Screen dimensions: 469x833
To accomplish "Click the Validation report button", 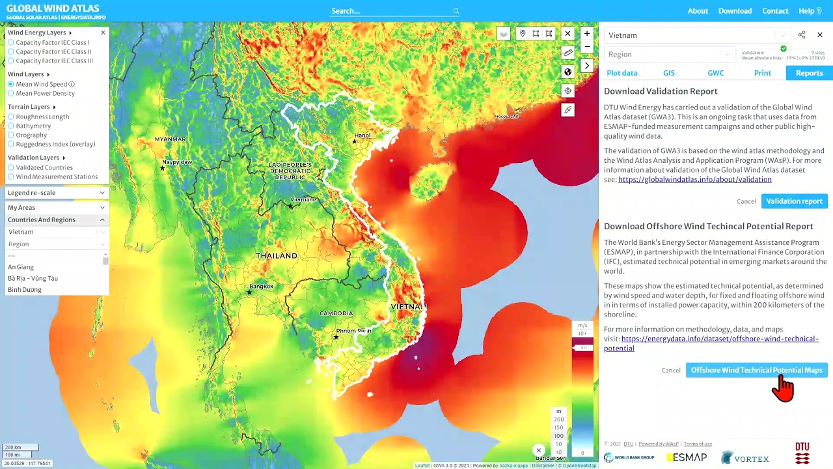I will click(x=794, y=201).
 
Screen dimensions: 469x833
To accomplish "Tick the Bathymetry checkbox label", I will click(x=33, y=126).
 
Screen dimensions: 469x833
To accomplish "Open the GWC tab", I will click(x=715, y=73).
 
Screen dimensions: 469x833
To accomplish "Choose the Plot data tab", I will click(x=621, y=73).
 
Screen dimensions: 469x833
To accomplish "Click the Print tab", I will click(x=762, y=73).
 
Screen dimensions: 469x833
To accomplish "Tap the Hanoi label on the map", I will click(x=362, y=135).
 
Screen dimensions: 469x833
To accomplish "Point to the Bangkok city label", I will click(x=261, y=287).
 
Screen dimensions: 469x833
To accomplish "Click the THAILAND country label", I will click(x=277, y=256).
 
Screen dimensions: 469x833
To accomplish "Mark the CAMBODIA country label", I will click(x=336, y=313).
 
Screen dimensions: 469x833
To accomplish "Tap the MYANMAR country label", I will click(x=170, y=139).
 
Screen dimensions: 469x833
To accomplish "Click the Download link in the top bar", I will click(x=735, y=11).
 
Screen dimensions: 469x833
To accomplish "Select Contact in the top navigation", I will click(x=775, y=11).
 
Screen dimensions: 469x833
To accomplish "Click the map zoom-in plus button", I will click(x=587, y=33).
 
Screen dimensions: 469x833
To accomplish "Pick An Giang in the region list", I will click(x=21, y=267).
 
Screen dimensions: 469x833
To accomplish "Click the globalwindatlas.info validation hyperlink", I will click(x=694, y=180).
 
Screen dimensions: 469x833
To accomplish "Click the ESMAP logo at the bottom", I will click(x=686, y=458).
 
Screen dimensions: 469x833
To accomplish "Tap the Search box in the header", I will click(x=390, y=11).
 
